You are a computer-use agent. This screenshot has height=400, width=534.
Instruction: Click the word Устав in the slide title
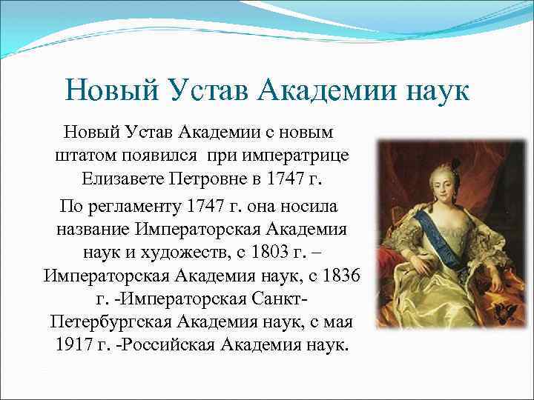point(195,91)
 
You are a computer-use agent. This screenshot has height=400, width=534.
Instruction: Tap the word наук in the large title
point(430,91)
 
